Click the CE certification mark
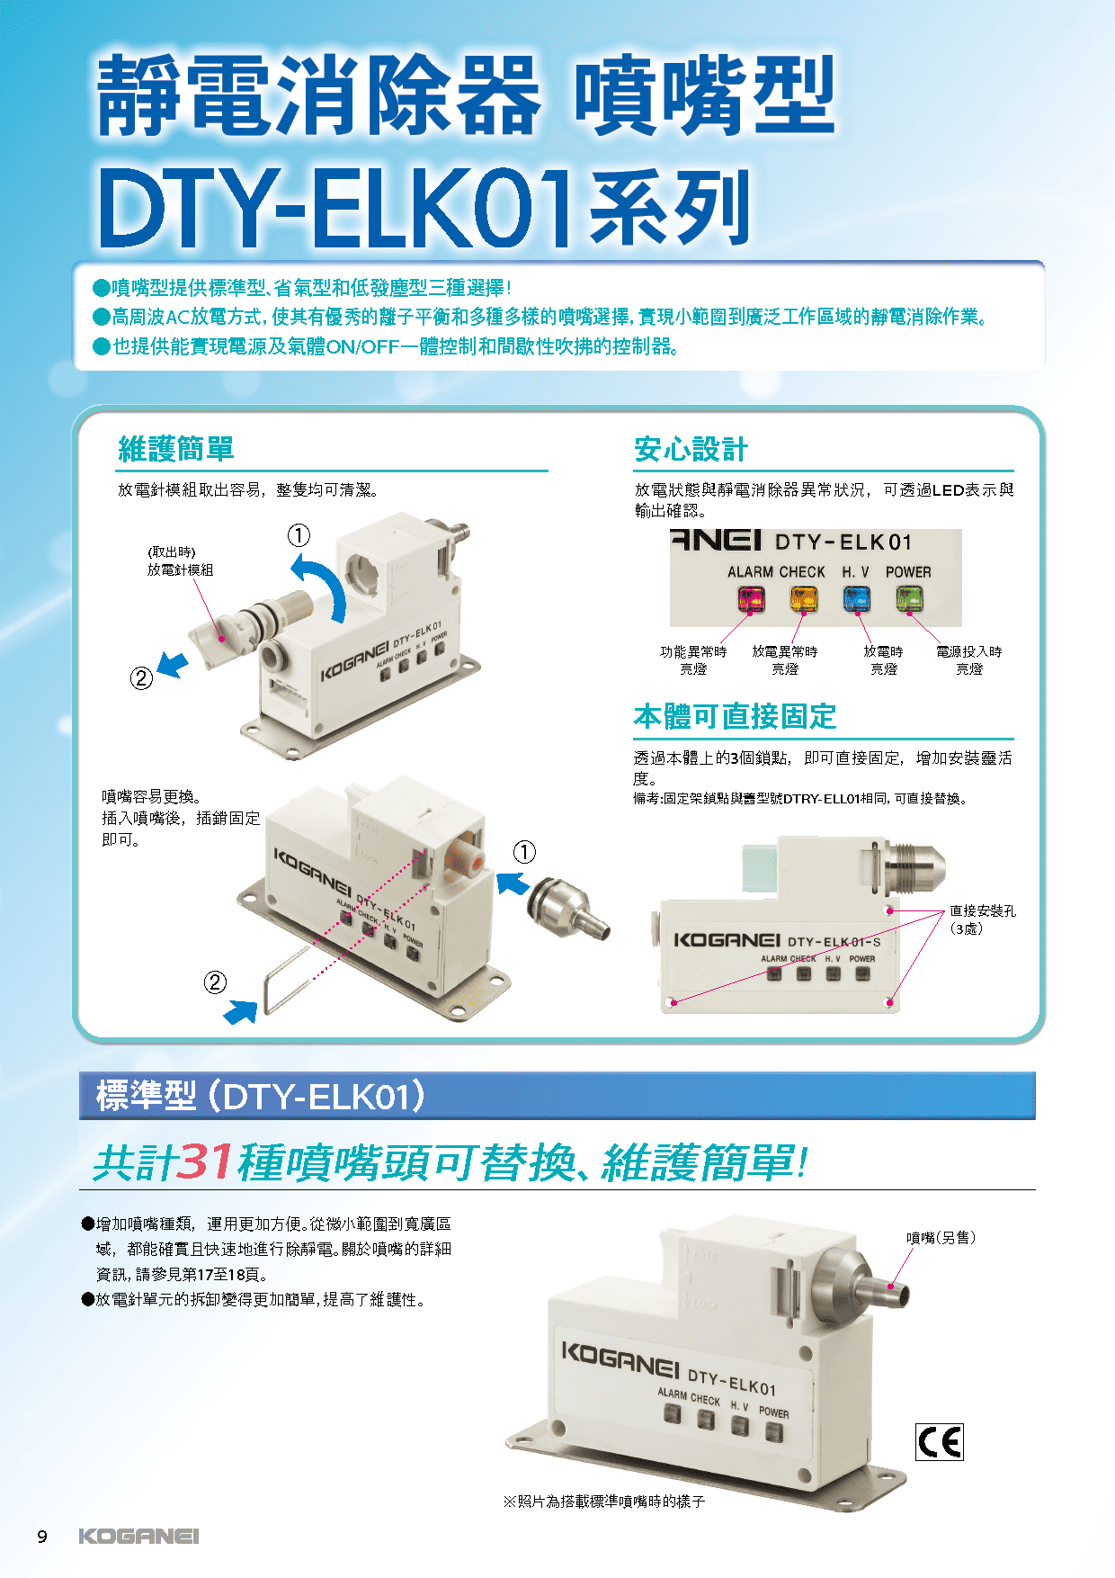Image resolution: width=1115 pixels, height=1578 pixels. click(940, 1442)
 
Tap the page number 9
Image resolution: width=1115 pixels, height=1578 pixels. click(41, 1537)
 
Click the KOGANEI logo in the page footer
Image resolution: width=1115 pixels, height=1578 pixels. click(138, 1536)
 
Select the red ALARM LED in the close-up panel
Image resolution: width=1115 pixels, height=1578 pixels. click(752, 598)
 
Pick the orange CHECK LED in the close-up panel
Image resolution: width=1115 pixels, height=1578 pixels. click(804, 598)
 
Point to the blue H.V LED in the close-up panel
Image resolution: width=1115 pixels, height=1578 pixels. click(857, 598)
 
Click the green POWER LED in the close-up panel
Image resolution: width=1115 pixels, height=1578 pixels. click(909, 598)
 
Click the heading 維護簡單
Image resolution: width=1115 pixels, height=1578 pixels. click(176, 449)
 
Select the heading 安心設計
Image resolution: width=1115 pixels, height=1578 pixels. click(691, 449)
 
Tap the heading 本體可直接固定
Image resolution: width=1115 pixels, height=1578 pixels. click(735, 717)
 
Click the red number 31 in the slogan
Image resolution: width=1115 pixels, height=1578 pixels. click(206, 1161)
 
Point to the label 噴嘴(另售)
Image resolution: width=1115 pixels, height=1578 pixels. click(941, 1238)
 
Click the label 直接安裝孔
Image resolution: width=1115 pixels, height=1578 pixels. click(983, 910)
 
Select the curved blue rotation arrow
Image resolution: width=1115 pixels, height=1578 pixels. click(323, 584)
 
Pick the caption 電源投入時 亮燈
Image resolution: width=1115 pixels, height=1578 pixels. click(968, 659)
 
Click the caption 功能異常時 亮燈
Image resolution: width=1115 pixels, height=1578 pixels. click(693, 659)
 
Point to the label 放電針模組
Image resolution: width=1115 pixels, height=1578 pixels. click(181, 569)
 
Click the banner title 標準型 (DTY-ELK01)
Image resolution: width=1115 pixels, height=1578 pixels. click(261, 1096)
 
